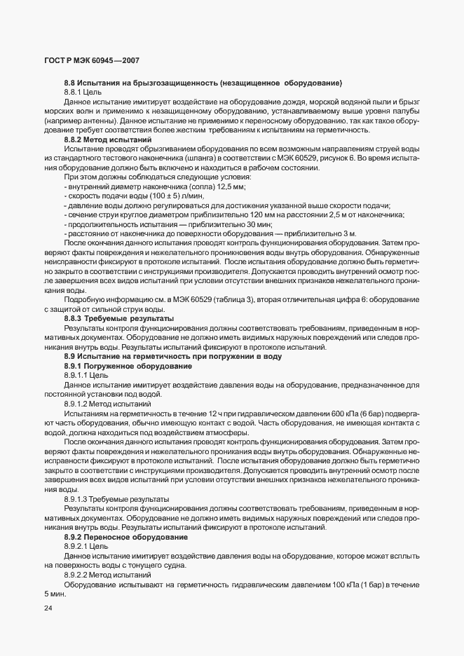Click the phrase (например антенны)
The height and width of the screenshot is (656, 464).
[72, 121]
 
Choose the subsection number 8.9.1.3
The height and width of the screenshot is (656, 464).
[80, 498]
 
